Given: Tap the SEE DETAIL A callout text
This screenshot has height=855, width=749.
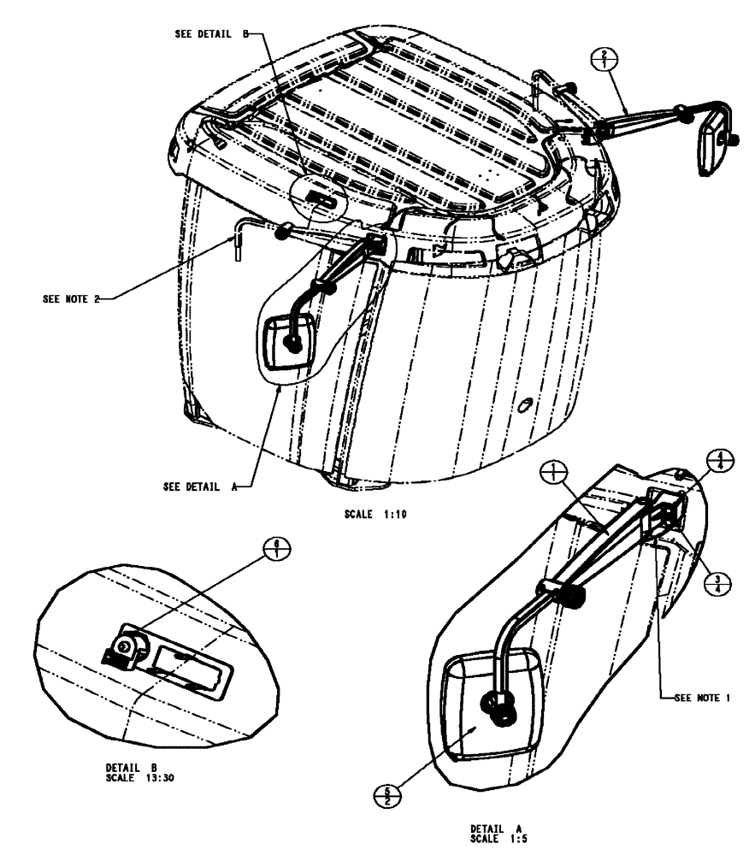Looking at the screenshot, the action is (x=200, y=486).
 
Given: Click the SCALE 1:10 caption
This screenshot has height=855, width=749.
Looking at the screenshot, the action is (x=372, y=517).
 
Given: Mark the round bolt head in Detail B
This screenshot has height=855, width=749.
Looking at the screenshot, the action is (x=125, y=647).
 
